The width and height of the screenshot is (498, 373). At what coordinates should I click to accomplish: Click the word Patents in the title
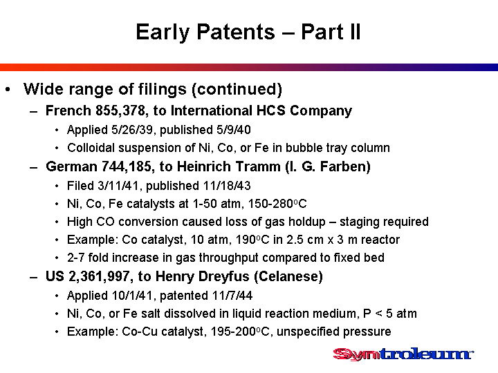[x=236, y=32]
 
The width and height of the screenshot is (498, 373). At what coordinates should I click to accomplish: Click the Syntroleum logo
[x=403, y=354]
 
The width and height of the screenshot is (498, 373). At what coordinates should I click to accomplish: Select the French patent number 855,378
[x=120, y=111]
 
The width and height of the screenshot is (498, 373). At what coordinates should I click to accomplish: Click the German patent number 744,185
[x=127, y=166]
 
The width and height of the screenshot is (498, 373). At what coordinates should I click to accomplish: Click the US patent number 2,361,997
[x=100, y=276]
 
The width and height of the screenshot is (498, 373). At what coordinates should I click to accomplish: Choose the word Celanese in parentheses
[x=288, y=276]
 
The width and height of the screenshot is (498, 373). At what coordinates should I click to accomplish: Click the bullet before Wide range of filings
[x=8, y=90]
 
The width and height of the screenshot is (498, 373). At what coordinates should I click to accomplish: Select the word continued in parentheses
[x=237, y=89]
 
